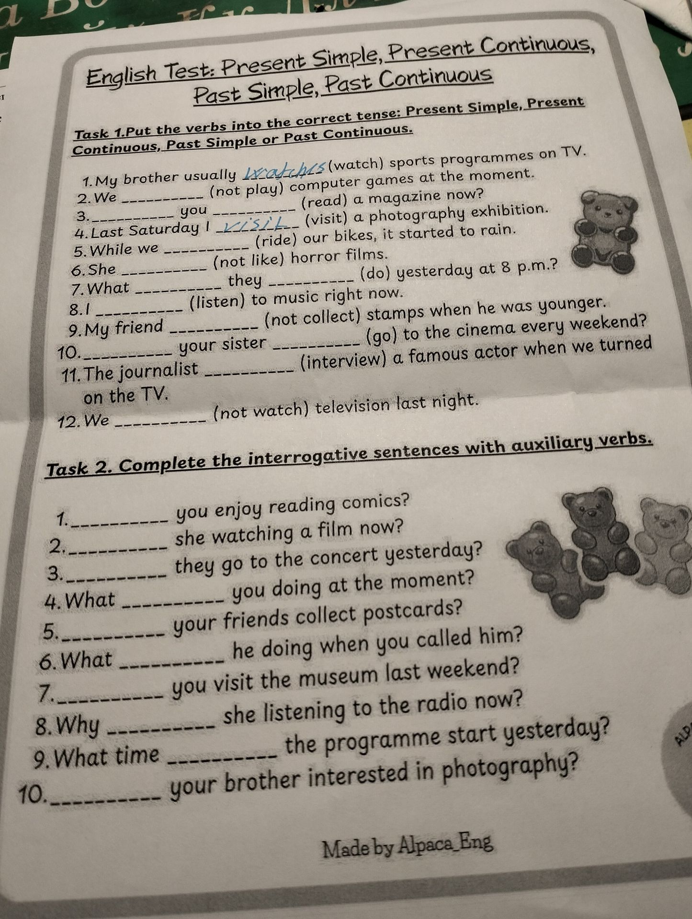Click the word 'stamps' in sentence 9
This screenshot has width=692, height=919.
point(408,312)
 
